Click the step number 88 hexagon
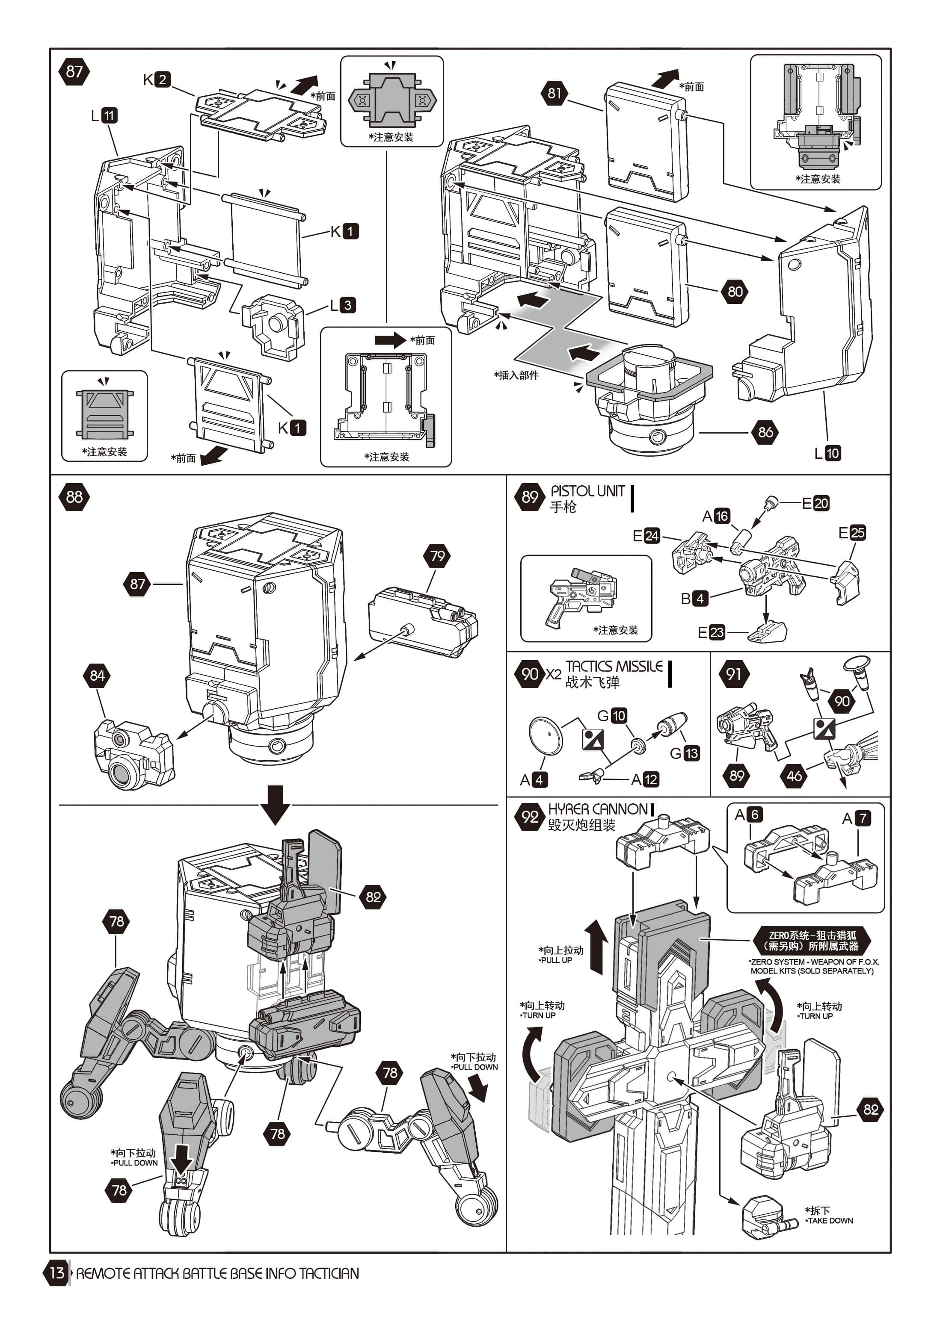[74, 497]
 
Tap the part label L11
[104, 116]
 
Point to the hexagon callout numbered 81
[555, 93]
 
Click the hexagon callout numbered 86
[765, 432]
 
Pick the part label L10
[827, 453]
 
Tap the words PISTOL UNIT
[587, 491]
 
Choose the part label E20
[815, 503]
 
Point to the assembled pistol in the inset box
[582, 596]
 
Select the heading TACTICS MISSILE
[614, 666]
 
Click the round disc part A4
[545, 736]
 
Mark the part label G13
[685, 753]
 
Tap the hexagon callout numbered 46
[794, 776]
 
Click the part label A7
[857, 818]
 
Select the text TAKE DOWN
[830, 1220]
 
